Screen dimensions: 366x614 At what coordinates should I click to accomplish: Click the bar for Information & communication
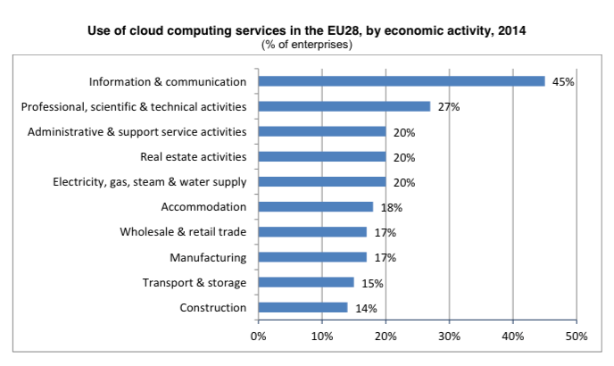[402, 81]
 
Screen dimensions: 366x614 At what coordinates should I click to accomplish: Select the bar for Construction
[303, 308]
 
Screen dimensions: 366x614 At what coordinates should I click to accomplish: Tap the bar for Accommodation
[315, 207]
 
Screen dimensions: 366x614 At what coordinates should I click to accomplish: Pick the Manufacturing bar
[312, 257]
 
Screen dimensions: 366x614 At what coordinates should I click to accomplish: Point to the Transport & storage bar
[306, 282]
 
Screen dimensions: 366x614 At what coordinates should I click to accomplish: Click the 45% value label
[563, 82]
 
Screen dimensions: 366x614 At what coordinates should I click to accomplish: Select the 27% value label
[448, 107]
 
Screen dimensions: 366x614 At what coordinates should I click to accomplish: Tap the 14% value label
[366, 309]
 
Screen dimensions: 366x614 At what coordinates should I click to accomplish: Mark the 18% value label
[391, 208]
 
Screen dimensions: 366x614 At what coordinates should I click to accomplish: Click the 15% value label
[371, 283]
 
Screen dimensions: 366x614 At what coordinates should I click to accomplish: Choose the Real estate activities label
[193, 157]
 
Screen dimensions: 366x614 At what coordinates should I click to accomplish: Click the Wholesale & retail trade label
[183, 232]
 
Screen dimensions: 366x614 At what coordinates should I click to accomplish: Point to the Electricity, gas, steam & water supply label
[149, 182]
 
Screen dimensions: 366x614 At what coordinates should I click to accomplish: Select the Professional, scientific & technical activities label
[133, 107]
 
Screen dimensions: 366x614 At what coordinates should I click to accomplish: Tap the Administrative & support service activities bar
[322, 131]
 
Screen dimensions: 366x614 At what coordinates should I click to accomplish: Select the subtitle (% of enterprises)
[306, 44]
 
